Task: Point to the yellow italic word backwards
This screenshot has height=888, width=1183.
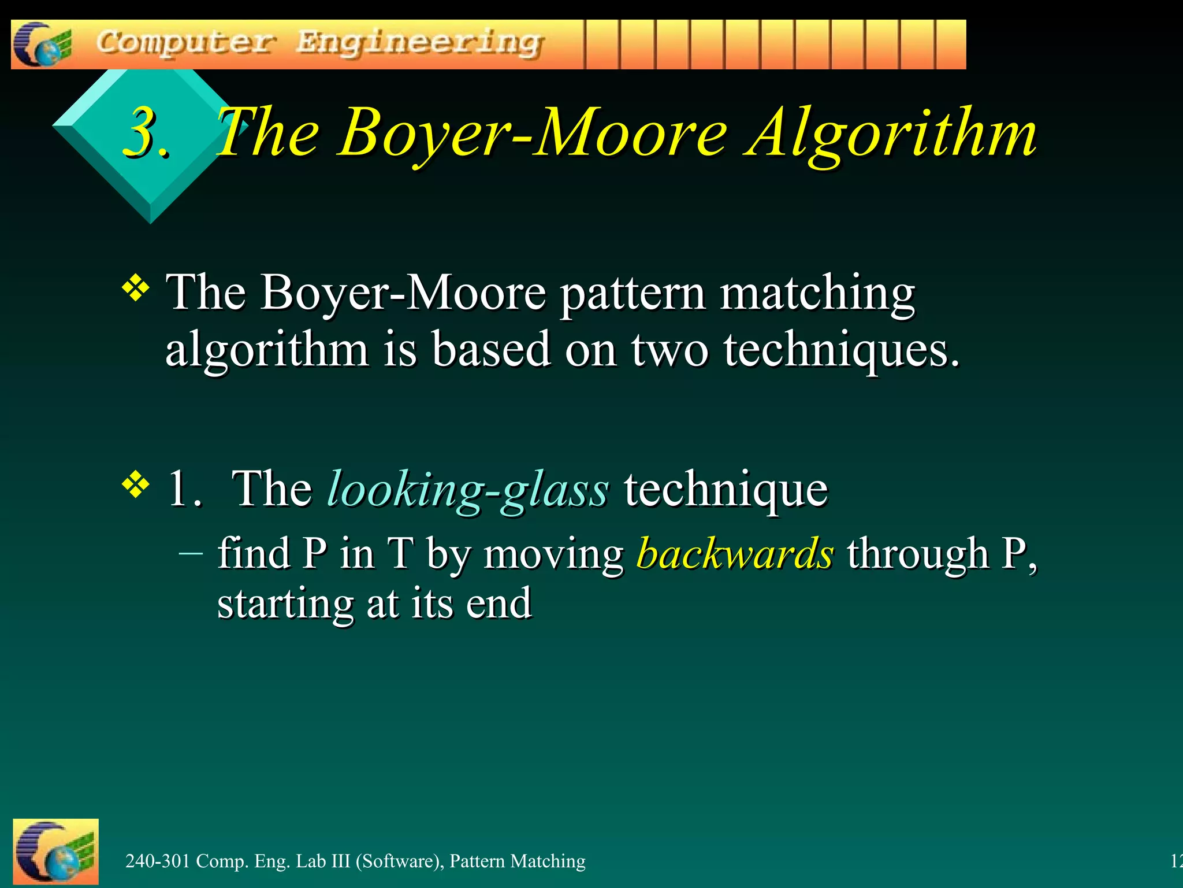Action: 735,553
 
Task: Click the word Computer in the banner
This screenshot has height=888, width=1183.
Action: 185,43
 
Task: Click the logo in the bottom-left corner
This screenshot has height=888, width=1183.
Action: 55,851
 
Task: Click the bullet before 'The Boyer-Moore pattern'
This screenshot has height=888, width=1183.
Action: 136,288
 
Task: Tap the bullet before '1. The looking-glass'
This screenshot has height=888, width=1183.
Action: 136,484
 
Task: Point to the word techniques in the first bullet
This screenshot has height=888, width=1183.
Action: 841,350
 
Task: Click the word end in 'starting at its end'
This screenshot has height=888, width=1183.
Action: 499,604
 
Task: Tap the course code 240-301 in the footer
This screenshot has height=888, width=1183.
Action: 158,861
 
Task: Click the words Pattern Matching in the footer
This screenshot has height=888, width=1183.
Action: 517,861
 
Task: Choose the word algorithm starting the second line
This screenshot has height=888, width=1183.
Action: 267,350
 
